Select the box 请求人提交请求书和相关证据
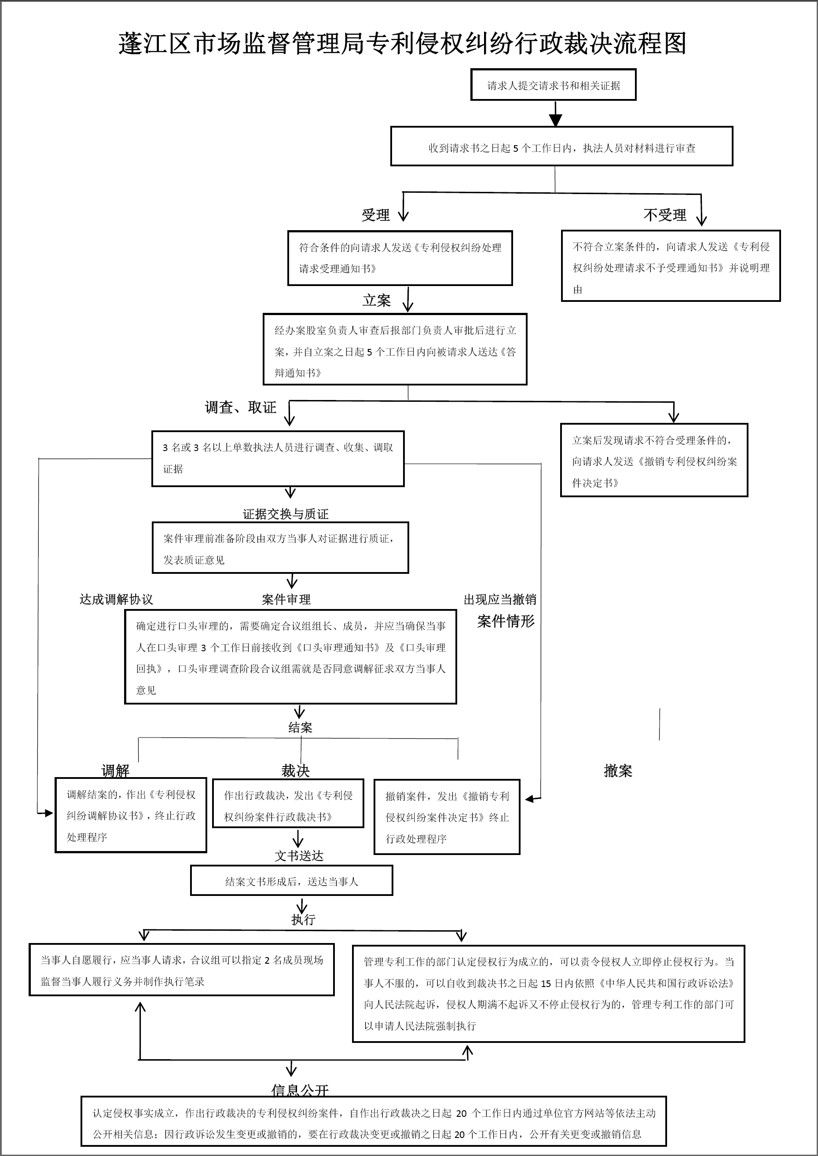(553, 85)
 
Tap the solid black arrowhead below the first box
(555, 119)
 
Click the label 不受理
(664, 215)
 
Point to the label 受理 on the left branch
(375, 215)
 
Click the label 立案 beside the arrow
(376, 301)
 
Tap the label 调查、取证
(240, 407)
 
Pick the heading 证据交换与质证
(286, 514)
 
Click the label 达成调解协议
(116, 599)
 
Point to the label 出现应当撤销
(500, 599)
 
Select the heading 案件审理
(286, 599)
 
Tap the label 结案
(300, 727)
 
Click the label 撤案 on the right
(617, 771)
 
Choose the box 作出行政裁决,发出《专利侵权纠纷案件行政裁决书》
(288, 805)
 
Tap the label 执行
(303, 919)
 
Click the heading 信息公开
(300, 1090)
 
